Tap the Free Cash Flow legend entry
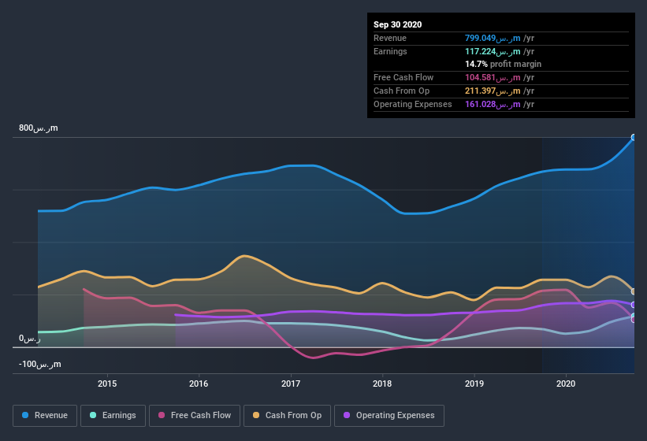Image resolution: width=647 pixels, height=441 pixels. [x=194, y=415]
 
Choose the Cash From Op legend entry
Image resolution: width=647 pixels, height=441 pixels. [x=288, y=415]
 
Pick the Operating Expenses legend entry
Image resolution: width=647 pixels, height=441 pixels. [x=389, y=415]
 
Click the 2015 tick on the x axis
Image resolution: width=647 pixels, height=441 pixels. [x=107, y=384]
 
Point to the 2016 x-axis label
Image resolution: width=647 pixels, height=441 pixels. [x=199, y=384]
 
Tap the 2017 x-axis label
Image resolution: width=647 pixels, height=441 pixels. [x=291, y=384]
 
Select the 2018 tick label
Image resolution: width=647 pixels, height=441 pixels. [x=382, y=384]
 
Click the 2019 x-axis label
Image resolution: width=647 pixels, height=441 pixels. [x=474, y=384]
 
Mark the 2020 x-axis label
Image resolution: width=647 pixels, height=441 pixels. [x=566, y=384]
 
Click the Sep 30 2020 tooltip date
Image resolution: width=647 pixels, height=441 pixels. [x=397, y=24]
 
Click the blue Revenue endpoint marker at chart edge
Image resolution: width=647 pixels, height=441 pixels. [x=634, y=138]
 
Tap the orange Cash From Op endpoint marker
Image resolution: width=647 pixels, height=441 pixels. [x=634, y=291]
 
